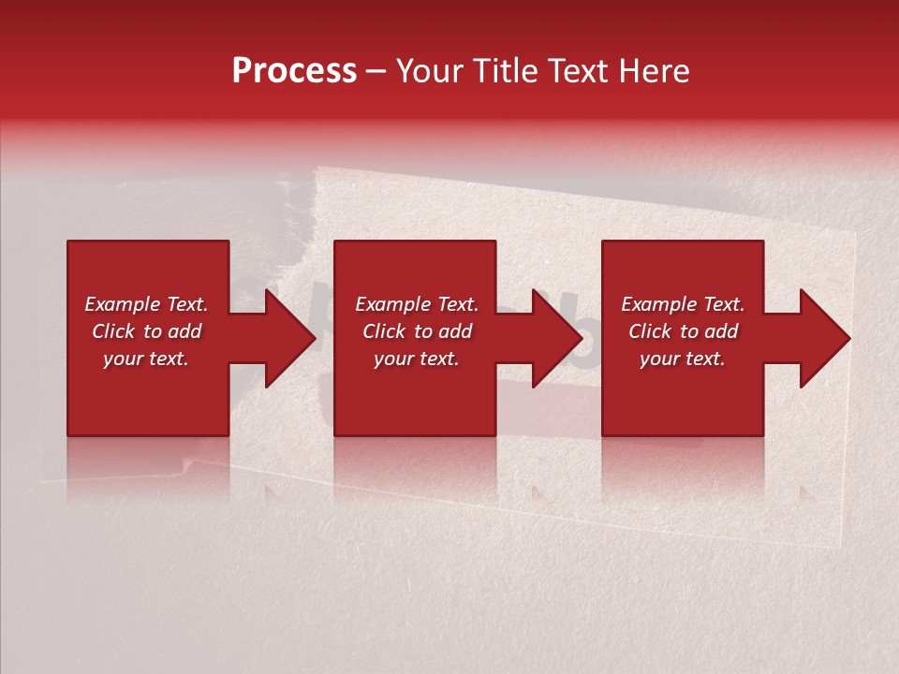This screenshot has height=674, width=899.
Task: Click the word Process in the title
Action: [x=294, y=71]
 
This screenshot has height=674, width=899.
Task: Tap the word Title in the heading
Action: [x=505, y=71]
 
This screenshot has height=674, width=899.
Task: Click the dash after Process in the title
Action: [x=376, y=72]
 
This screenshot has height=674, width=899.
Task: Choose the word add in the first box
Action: [x=184, y=331]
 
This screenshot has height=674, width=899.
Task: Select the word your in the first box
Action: [x=123, y=359]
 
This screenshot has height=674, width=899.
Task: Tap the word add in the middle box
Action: [x=454, y=331]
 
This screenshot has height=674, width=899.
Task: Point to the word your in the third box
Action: [x=659, y=359]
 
